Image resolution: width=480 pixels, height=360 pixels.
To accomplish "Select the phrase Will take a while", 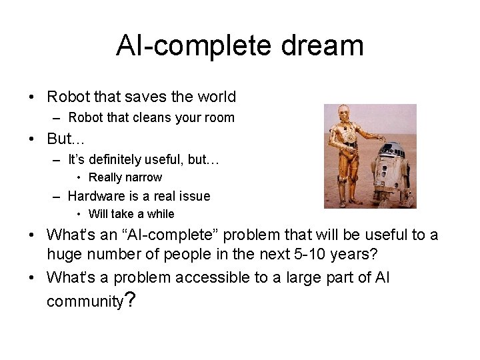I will pyautogui.click(x=131, y=214).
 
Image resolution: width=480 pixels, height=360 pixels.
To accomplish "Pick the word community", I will pyautogui.click(x=85, y=301).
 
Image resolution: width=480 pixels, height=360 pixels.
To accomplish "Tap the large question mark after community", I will pyautogui.click(x=131, y=301).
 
